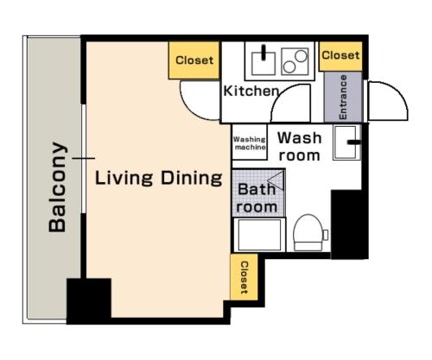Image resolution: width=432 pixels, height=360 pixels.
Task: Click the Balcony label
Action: [58, 187]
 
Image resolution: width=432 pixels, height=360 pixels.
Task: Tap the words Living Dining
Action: [159, 178]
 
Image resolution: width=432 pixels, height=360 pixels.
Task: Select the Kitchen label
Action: [251, 91]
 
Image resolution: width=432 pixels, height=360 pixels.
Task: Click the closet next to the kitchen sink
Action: [194, 60]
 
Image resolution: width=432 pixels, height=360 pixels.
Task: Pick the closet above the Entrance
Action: [340, 56]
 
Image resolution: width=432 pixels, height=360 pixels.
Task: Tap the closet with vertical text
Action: [244, 277]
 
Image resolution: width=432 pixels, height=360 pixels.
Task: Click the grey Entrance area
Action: [343, 97]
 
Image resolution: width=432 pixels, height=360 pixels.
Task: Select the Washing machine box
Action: [250, 142]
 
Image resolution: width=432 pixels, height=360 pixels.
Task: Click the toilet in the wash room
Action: [308, 232]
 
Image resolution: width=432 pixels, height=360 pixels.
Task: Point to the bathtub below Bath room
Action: [259, 235]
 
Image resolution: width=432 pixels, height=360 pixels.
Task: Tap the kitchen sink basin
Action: [263, 63]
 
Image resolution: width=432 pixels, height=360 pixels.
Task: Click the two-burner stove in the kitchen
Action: [295, 61]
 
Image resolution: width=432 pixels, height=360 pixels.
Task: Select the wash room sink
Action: [346, 142]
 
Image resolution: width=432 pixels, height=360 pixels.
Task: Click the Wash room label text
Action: [299, 147]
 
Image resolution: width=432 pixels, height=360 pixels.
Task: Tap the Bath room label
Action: [257, 198]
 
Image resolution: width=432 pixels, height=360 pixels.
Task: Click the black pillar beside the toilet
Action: [350, 224]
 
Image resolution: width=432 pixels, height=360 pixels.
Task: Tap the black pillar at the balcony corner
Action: [89, 301]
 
